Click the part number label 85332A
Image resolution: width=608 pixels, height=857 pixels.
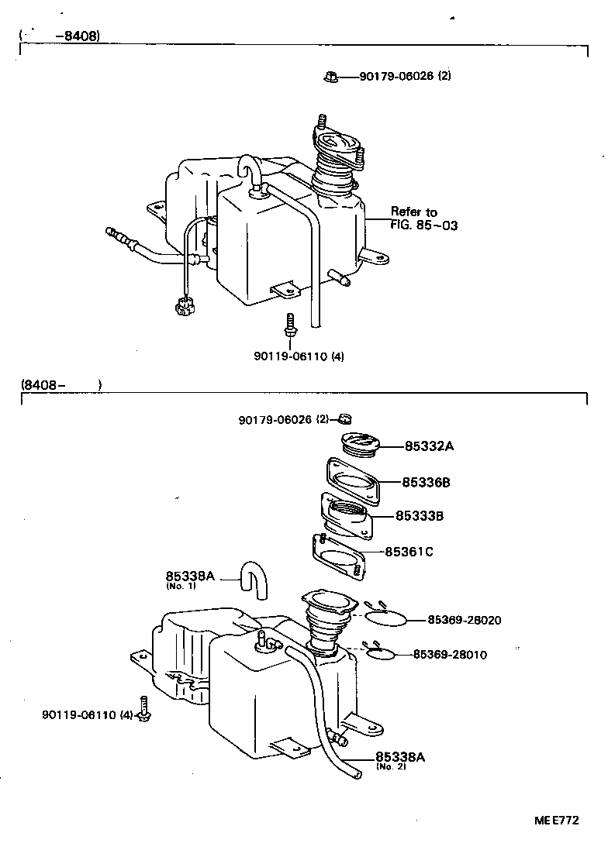428,446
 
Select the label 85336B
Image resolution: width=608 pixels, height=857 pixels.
426,482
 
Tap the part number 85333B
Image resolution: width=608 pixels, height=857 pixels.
420,515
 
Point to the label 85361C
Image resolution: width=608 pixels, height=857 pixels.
409,552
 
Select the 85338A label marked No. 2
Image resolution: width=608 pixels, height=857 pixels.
400,757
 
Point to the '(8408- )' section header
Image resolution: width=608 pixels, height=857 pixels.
61,384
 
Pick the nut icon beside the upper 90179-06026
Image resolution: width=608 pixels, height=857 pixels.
330,76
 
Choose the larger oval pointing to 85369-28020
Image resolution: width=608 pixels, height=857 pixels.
385,618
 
